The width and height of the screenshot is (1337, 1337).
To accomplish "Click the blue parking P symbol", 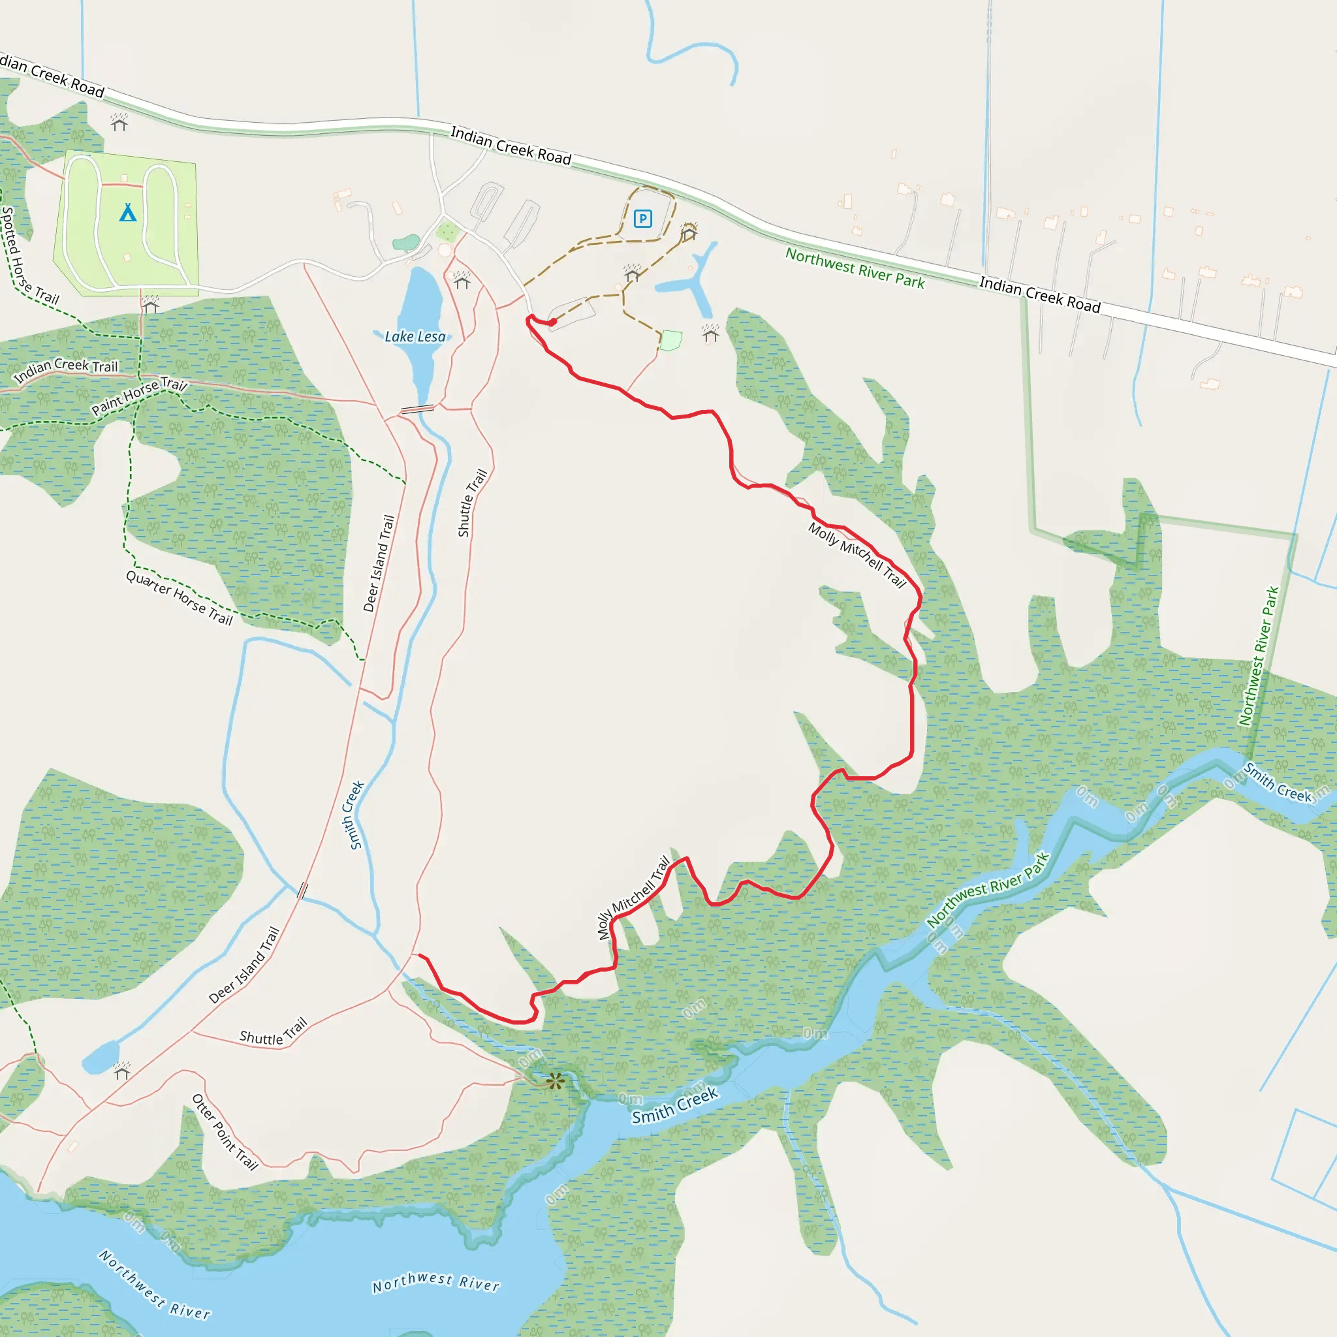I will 643,219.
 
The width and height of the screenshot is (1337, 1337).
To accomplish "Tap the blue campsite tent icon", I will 127,212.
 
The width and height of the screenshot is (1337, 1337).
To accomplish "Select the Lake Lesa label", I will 415,337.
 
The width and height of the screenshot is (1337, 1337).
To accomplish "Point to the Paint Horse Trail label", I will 139,395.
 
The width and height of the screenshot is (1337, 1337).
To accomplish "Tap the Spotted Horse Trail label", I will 28,256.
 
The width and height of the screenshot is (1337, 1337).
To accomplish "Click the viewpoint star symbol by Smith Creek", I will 555,1081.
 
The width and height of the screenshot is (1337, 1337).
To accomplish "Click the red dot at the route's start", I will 553,322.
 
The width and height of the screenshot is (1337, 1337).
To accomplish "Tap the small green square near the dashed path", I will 670,341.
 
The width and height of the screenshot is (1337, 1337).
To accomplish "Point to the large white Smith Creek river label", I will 675,1106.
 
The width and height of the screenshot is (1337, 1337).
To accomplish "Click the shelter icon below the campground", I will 151,304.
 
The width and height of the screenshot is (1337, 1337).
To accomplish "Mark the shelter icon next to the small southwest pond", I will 122,1071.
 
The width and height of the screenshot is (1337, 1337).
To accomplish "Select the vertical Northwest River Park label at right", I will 1259,655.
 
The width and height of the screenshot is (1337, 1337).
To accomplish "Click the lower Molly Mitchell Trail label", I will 633,898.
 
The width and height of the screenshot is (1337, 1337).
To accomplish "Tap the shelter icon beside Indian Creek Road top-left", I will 119,123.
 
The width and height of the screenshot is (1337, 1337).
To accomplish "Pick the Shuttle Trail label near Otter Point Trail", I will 273,1032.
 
